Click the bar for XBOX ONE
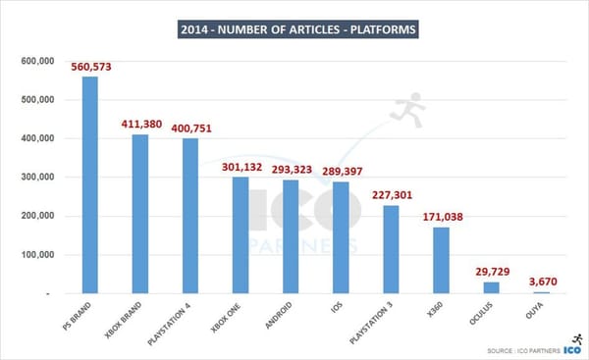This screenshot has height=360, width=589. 241,235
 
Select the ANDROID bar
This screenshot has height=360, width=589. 291,236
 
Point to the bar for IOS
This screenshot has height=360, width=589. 341,237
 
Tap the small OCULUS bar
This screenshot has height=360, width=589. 491,287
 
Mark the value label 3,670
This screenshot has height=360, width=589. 540,281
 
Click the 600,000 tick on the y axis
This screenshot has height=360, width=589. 35,61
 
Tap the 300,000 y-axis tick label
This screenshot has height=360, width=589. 35,178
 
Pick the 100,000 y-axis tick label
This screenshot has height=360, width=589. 35,255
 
